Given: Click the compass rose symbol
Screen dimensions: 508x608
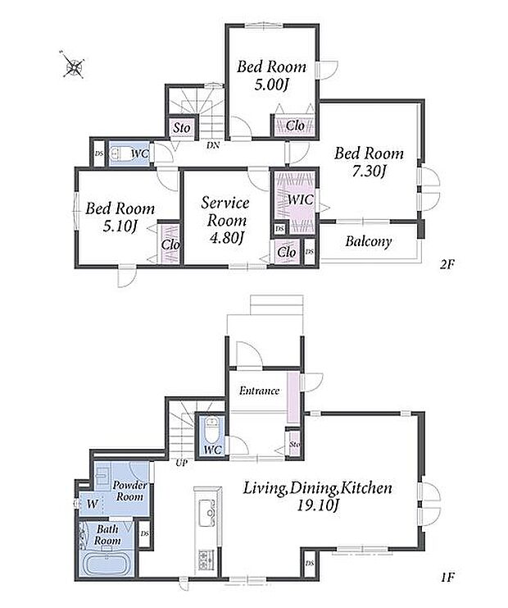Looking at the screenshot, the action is [x=73, y=66].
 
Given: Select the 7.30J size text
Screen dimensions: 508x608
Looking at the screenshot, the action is [x=369, y=171].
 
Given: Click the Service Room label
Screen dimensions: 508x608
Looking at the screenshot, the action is [x=226, y=212].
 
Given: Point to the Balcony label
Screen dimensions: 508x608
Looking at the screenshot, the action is [x=368, y=241].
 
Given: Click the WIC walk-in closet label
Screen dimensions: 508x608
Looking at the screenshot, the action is [x=301, y=200].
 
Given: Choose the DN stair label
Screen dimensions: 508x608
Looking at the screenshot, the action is [x=213, y=146].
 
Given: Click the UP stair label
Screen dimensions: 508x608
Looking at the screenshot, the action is [x=182, y=463].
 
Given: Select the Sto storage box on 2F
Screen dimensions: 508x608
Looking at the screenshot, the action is [x=182, y=127].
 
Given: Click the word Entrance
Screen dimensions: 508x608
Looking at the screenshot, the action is [x=259, y=391].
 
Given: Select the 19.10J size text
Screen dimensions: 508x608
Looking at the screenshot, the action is [x=318, y=505].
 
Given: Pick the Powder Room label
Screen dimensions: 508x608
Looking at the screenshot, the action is [x=129, y=491].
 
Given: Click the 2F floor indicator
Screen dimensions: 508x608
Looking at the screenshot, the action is [x=447, y=264].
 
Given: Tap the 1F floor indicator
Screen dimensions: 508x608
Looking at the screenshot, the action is [x=447, y=578].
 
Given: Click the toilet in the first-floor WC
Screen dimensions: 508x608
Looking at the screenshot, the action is [x=211, y=430].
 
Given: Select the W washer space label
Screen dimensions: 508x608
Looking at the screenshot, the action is [x=92, y=504].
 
